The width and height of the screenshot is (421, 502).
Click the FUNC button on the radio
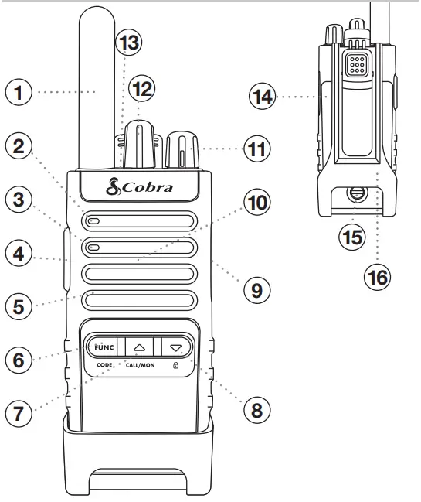(x=104, y=347)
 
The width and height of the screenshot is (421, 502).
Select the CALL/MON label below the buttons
(x=139, y=364)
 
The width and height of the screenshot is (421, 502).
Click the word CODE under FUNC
(x=104, y=364)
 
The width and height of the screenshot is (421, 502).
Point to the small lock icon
(x=174, y=364)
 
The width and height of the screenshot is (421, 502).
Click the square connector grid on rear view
(x=356, y=66)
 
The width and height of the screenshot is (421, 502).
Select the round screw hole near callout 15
(x=355, y=193)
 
